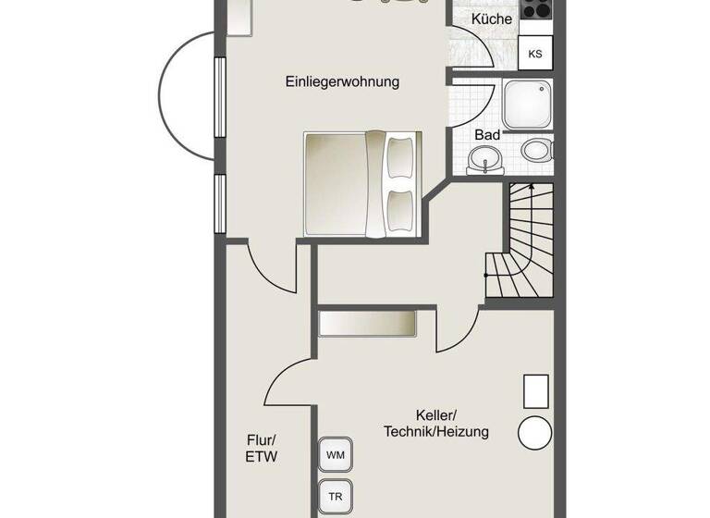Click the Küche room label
[491, 18]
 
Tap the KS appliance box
[535, 54]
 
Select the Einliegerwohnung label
[342, 81]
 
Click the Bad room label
[487, 135]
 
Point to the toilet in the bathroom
[537, 150]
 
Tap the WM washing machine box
[334, 455]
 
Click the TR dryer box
[334, 497]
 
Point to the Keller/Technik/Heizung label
[436, 424]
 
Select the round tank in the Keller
[535, 432]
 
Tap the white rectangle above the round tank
[537, 391]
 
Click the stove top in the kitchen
[536, 9]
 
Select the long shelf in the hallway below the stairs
[367, 324]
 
